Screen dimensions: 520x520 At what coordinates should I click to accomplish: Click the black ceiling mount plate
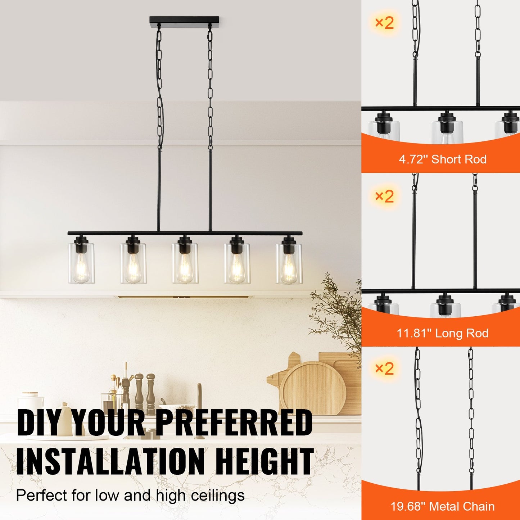pos(184,19)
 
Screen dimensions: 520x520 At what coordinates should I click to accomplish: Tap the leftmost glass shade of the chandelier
pos(81,263)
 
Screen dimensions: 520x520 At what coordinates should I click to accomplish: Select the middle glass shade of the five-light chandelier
pos(185,263)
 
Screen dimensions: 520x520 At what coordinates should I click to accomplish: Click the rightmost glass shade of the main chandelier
pos(289,263)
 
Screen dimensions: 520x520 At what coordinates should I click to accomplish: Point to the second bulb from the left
pos(133,268)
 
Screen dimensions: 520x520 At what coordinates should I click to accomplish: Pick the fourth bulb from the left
pos(236,268)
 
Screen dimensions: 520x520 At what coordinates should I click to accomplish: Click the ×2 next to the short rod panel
pos(384,23)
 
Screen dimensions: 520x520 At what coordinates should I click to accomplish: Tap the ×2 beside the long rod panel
pos(384,196)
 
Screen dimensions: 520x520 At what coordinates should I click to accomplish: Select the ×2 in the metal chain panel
pos(384,368)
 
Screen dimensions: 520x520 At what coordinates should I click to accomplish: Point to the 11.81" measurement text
pos(414,333)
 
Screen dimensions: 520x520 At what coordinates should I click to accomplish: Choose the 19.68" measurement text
pos(408,507)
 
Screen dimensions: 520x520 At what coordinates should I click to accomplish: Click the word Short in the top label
pos(446,159)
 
